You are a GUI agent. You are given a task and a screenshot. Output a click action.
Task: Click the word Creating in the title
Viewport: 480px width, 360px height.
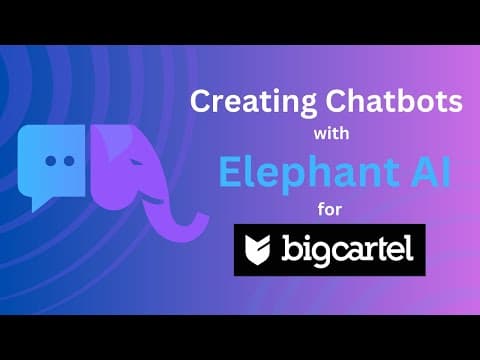pyautogui.click(x=253, y=103)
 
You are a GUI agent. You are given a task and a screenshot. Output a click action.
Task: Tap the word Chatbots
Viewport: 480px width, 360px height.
pyautogui.click(x=394, y=101)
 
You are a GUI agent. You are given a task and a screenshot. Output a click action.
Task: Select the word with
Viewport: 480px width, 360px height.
pyautogui.click(x=331, y=134)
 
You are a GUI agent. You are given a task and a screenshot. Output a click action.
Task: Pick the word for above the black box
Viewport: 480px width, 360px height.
pyautogui.click(x=330, y=210)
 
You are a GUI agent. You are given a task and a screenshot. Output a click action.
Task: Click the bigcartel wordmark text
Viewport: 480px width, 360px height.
pyautogui.click(x=348, y=250)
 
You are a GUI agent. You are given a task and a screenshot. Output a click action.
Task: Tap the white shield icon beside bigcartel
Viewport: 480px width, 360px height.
pyautogui.click(x=257, y=250)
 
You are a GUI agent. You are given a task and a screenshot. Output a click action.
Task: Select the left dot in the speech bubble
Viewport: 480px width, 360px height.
pyautogui.click(x=51, y=161)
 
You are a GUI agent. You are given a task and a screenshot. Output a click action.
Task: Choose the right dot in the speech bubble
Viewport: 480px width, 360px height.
pyautogui.click(x=69, y=161)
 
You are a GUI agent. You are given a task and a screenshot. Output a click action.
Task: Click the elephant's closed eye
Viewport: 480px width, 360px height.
pyautogui.click(x=137, y=162)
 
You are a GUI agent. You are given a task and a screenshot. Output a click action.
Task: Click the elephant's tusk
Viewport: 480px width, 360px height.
pyautogui.click(x=152, y=200)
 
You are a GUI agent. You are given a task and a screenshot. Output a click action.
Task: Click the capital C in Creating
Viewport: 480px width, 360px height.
pyautogui.click(x=202, y=101)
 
